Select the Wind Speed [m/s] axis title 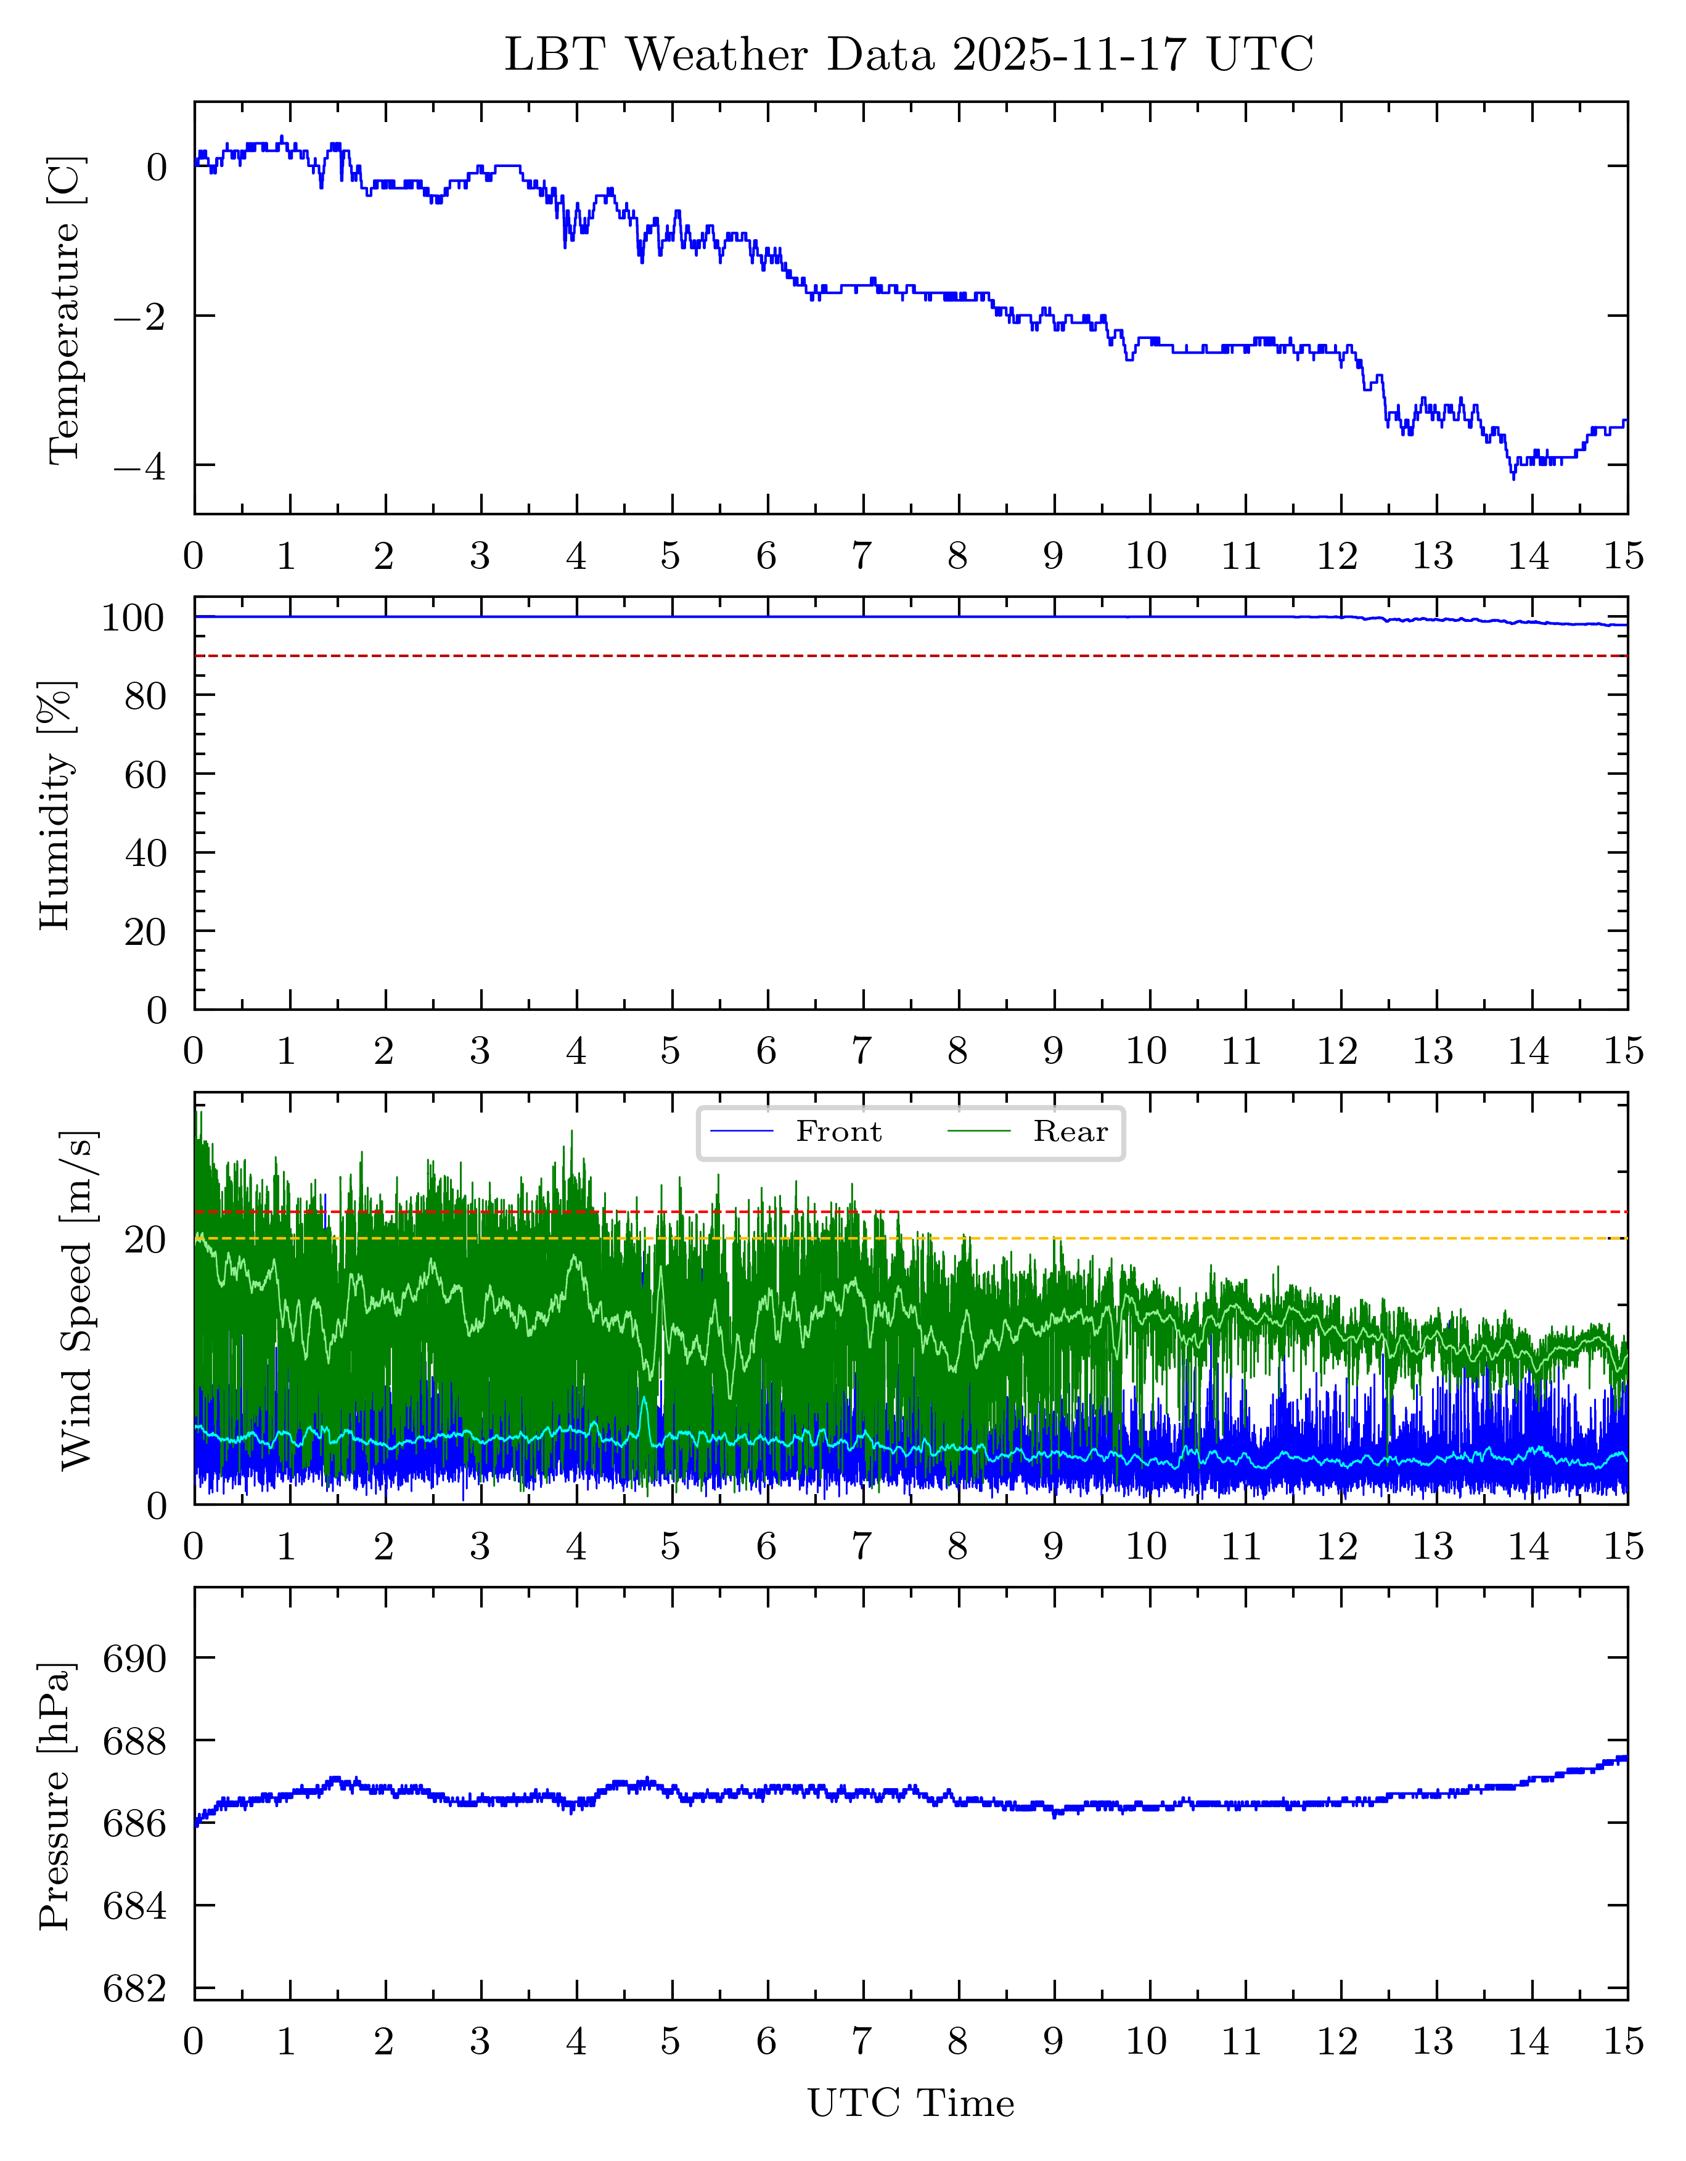tap(76, 1299)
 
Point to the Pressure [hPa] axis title tap(54, 1796)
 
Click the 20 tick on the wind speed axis tap(144, 1240)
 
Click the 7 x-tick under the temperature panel tap(862, 557)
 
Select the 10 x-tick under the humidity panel tap(1146, 1052)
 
